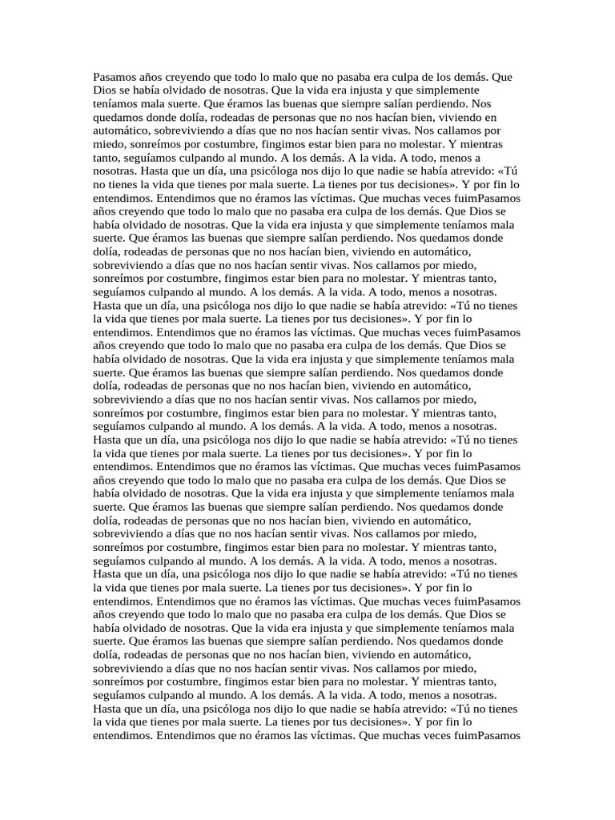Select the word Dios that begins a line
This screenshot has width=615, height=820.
pos(106,90)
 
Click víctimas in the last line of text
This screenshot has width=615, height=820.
pos(330,734)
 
